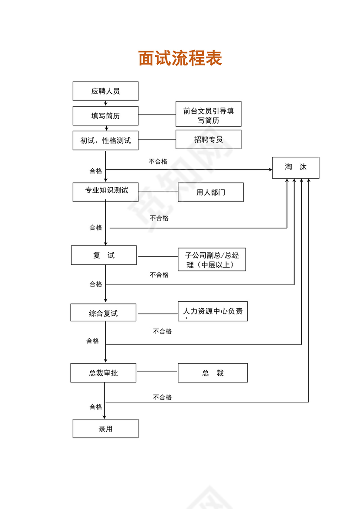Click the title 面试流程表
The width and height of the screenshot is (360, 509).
click(180, 58)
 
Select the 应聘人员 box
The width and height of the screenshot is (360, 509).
click(105, 91)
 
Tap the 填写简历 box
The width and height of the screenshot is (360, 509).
click(105, 116)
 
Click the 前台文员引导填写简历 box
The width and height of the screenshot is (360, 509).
click(208, 114)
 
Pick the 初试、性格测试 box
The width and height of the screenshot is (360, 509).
click(105, 140)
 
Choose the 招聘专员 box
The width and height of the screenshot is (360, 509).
click(208, 140)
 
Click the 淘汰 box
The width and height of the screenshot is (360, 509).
click(295, 167)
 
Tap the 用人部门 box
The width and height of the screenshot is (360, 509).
click(210, 192)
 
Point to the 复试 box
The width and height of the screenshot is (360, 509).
click(104, 255)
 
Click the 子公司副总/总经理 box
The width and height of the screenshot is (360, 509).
click(212, 260)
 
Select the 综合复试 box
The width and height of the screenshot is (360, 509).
click(103, 312)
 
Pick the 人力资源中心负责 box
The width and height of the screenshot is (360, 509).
click(213, 311)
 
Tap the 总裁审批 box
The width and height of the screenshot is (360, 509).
click(103, 373)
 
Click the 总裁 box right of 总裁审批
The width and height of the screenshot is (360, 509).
click(213, 373)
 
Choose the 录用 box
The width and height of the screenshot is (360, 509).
click(105, 428)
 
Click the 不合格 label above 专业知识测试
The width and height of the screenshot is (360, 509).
click(158, 161)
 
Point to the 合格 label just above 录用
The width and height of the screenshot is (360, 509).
click(96, 407)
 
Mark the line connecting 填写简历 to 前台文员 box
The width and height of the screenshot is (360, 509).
click(157, 115)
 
